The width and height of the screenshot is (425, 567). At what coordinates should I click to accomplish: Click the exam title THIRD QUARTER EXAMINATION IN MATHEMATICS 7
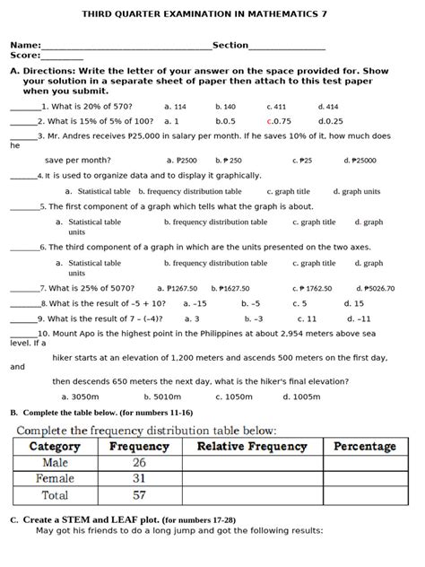click(x=212, y=15)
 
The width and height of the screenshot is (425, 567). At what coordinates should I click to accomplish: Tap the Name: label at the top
click(x=25, y=45)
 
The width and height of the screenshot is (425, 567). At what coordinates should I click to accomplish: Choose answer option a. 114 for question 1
click(x=176, y=106)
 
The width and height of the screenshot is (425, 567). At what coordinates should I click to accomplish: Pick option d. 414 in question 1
click(x=328, y=106)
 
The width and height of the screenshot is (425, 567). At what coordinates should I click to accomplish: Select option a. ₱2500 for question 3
click(x=180, y=161)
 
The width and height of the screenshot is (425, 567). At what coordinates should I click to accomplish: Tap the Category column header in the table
click(x=55, y=446)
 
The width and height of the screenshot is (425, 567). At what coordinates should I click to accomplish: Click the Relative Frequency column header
click(x=252, y=446)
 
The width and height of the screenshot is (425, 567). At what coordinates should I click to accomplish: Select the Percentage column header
click(x=365, y=446)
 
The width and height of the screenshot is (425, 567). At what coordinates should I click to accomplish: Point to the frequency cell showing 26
click(x=139, y=462)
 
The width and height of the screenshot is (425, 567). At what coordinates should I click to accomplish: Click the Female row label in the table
click(x=55, y=478)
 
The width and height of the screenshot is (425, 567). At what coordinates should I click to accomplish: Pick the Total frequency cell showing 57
click(x=139, y=494)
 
